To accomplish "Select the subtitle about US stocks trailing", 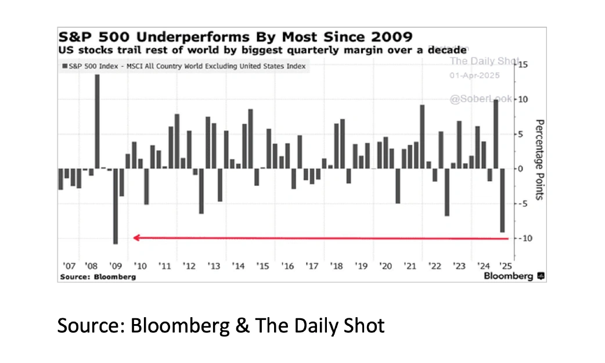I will (x=262, y=51).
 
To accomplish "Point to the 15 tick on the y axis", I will (x=522, y=64).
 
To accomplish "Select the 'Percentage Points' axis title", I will (x=539, y=160).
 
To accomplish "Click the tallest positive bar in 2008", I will (x=97, y=121).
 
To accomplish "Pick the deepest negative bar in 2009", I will (x=116, y=206).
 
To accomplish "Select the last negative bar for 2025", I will (x=502, y=200).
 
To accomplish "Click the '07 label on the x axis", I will (x=69, y=266).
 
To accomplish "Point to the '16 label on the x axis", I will (x=287, y=266).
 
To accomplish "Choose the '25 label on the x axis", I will (x=506, y=266).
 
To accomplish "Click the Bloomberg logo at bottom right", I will (x=514, y=276).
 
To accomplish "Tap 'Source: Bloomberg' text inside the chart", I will (x=97, y=276).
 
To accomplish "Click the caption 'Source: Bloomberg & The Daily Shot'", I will (x=221, y=325).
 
